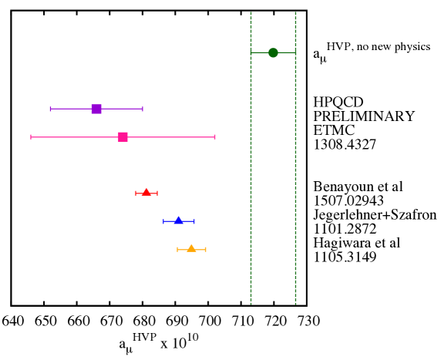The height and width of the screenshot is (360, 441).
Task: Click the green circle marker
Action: tap(273, 52)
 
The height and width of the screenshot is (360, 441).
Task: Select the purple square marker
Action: tap(96, 109)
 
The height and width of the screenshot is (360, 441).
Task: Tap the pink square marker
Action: tap(123, 136)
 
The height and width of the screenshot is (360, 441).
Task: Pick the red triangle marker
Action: tap(146, 192)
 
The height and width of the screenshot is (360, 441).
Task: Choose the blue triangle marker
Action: tap(179, 220)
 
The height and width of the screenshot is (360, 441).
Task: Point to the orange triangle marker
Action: tap(191, 248)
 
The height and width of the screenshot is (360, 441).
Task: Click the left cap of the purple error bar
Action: tap(50, 109)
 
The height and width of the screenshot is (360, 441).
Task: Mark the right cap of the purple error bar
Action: tap(143, 109)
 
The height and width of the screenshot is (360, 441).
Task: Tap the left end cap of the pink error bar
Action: tap(31, 136)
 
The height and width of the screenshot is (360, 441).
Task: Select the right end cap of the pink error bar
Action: tap(214, 136)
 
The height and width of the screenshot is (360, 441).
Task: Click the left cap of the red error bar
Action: tap(136, 193)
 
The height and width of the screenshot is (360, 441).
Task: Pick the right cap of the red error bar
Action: tap(157, 193)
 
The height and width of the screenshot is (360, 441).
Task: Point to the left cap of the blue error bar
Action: tap(163, 221)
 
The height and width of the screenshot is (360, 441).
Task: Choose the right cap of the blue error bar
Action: tap(194, 221)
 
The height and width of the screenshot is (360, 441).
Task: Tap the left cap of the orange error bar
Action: tap(177, 249)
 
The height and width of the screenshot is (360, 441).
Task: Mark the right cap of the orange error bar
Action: tap(206, 249)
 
